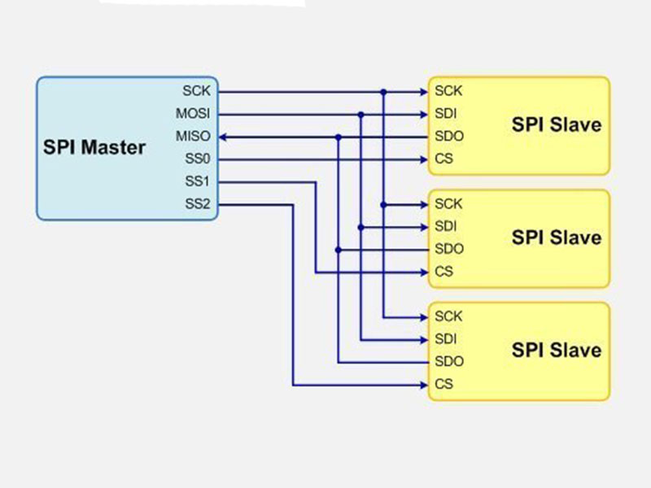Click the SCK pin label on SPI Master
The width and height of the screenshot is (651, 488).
[x=196, y=91]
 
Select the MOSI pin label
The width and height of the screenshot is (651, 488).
[x=193, y=114]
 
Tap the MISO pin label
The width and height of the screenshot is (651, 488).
[x=193, y=136]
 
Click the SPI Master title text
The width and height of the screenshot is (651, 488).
[x=94, y=148]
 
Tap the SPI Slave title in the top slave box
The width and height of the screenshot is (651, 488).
[x=557, y=125]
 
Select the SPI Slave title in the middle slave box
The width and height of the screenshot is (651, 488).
[x=557, y=237]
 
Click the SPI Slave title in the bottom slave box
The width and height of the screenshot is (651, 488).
[x=557, y=351]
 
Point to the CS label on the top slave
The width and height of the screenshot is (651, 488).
[x=443, y=159]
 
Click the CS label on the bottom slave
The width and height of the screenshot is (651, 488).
[x=443, y=384]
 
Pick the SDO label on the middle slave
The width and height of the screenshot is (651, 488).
[x=449, y=249]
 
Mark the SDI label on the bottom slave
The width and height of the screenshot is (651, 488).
[x=446, y=338]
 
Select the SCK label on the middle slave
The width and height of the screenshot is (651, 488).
[x=448, y=203]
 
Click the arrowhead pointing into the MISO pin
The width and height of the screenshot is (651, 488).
[x=225, y=137]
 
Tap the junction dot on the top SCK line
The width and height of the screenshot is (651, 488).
[x=384, y=92]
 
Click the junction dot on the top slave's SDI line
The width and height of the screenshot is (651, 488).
[x=361, y=115]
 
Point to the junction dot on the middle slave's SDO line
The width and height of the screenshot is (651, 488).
[x=339, y=249]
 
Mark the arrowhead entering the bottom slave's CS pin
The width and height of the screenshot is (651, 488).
[x=423, y=384]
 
